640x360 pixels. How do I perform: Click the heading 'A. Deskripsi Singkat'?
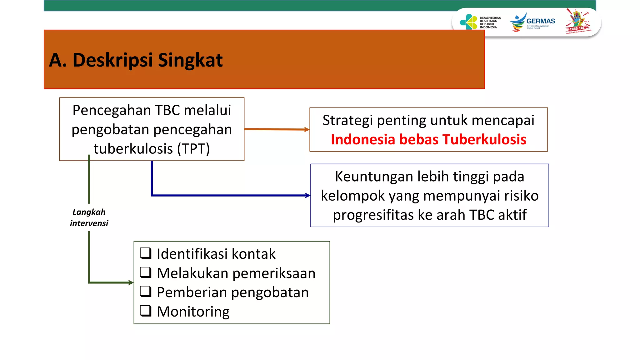136,60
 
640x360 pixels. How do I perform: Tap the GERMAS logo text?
541,21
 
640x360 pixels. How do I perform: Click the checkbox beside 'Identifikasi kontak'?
146,253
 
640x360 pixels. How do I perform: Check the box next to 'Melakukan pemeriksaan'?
146,272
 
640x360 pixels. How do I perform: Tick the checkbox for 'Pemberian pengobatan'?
146,292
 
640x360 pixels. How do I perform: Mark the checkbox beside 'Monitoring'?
146,311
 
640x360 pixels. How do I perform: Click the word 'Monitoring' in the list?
193,312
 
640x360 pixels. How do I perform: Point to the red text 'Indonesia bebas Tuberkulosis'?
428,139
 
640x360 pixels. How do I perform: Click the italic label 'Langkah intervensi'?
89,217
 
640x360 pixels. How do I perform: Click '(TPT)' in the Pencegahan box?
193,149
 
